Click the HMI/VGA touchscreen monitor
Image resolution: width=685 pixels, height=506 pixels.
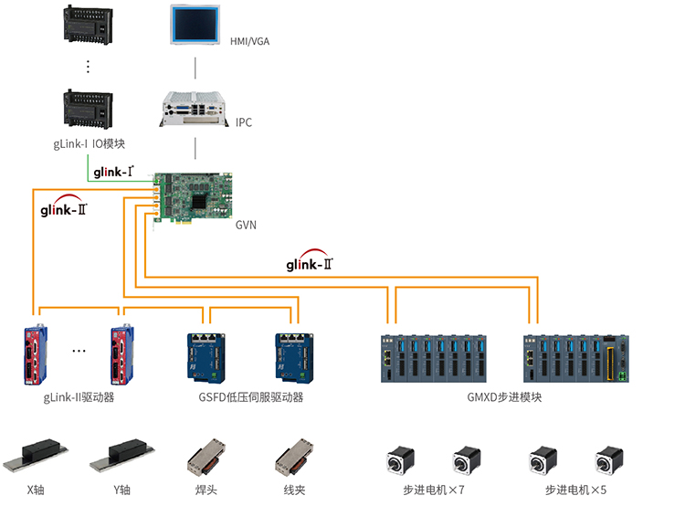tap(195, 26)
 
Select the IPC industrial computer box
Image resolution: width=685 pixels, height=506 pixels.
tap(194, 107)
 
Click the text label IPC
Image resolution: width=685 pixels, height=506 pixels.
tap(244, 122)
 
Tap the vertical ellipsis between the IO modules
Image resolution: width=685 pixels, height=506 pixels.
tap(89, 67)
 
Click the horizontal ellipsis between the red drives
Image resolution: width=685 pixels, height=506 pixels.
tap(79, 351)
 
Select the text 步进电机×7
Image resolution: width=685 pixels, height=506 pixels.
tap(434, 490)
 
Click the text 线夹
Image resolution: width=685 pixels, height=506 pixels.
tap(294, 490)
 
